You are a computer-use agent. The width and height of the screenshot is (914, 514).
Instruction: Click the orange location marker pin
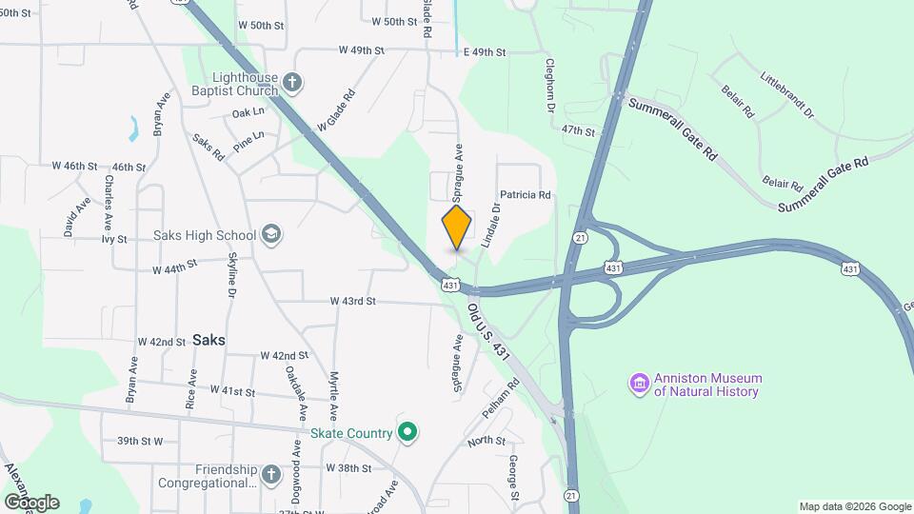pyautogui.click(x=457, y=227)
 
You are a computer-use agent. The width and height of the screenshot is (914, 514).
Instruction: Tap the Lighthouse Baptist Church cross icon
pyautogui.click(x=293, y=84)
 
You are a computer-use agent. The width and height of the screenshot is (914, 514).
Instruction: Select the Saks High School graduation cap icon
pyautogui.click(x=271, y=235)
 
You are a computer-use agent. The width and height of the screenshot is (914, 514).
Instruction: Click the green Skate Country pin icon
pyautogui.click(x=407, y=433)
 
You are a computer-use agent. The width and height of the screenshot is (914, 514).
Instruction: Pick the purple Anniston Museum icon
pyautogui.click(x=639, y=385)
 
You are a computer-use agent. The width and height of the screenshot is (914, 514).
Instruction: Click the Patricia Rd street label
pyautogui.click(x=526, y=195)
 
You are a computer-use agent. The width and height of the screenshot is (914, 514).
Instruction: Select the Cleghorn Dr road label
pyautogui.click(x=549, y=86)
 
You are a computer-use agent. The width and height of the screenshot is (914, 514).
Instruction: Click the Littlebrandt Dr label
pyautogui.click(x=787, y=93)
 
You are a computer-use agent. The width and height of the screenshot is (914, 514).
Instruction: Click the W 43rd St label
pyautogui.click(x=353, y=301)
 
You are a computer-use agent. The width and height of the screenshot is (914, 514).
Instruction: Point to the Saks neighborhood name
pyautogui.click(x=209, y=339)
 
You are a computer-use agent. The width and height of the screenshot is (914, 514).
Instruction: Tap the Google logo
pyautogui.click(x=31, y=502)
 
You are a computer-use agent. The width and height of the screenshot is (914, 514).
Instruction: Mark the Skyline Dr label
pyautogui.click(x=231, y=276)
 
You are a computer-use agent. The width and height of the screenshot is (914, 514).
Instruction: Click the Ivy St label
pyautogui.click(x=114, y=239)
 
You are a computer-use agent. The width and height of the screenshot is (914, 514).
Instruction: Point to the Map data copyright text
pyautogui.click(x=854, y=506)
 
